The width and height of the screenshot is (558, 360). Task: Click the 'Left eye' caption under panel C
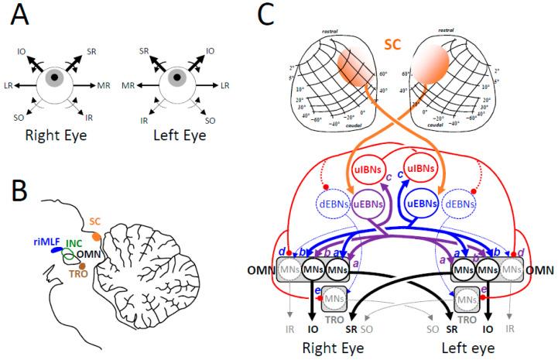click(x=466, y=349)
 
